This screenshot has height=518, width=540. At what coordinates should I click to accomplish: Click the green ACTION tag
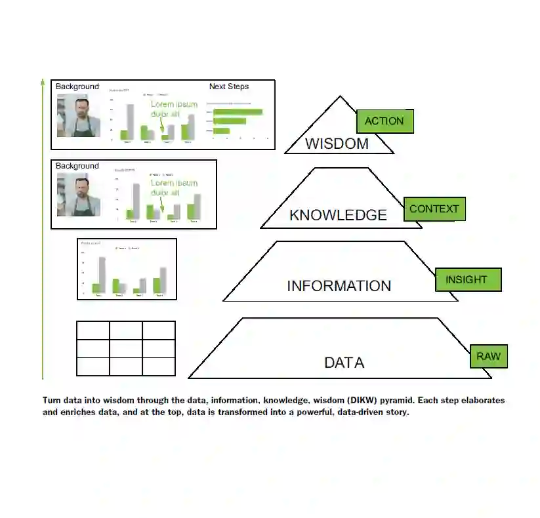pyautogui.click(x=384, y=121)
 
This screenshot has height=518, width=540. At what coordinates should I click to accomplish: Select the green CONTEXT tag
pyautogui.click(x=434, y=209)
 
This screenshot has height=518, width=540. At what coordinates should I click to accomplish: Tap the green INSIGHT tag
pyautogui.click(x=467, y=279)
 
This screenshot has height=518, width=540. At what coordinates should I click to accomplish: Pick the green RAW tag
pyautogui.click(x=488, y=357)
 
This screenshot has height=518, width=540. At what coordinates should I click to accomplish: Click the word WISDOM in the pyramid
pyautogui.click(x=337, y=144)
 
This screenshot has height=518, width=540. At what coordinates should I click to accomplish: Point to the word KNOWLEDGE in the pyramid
pyautogui.click(x=338, y=215)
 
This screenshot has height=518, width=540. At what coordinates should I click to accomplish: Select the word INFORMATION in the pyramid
pyautogui.click(x=339, y=286)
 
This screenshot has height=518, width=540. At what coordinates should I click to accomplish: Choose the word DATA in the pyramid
pyautogui.click(x=344, y=363)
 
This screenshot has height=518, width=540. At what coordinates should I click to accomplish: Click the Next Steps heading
pyautogui.click(x=229, y=87)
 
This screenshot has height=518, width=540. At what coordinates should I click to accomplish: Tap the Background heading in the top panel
pyautogui.click(x=77, y=87)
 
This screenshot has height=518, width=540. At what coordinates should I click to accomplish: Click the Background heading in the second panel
pyautogui.click(x=77, y=166)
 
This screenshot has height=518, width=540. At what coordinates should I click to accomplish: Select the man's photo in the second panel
pyautogui.click(x=79, y=194)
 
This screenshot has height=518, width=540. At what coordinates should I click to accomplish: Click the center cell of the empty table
pyautogui.click(x=126, y=348)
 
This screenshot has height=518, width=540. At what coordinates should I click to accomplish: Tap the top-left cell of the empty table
pyautogui.click(x=93, y=330)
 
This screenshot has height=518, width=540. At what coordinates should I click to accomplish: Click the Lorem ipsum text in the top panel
pyautogui.click(x=173, y=109)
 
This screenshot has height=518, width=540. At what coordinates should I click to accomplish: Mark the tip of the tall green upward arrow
pyautogui.click(x=43, y=81)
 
